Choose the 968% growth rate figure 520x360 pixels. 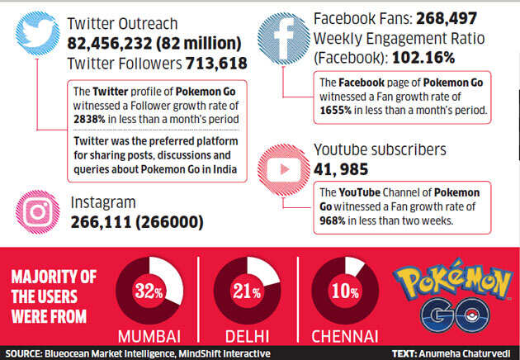click(335, 221)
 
